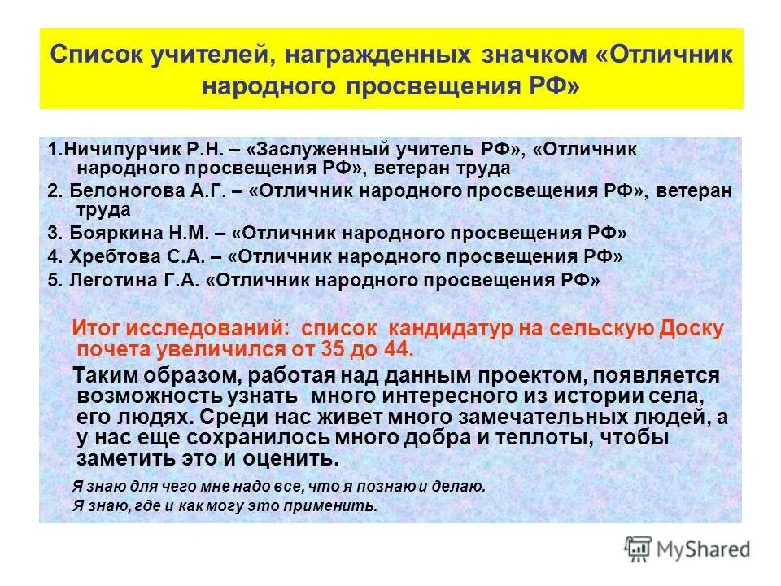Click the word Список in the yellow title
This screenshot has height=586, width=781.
[x=97, y=57]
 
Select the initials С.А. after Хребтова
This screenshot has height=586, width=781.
[x=185, y=257]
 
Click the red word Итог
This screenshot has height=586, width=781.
[x=98, y=328]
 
